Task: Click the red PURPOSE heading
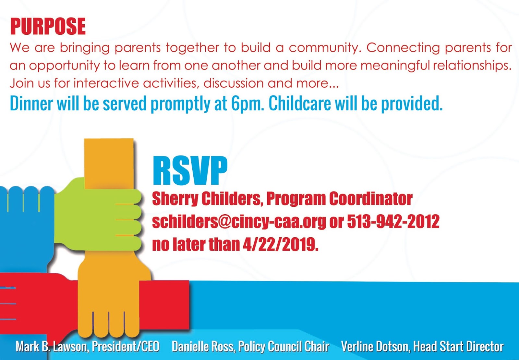point(48,26)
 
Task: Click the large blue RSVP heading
point(190,170)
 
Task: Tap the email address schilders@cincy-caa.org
point(239,221)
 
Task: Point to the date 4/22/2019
point(281,244)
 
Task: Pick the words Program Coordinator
point(339,199)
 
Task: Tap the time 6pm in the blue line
point(248,104)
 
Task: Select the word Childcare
point(300,103)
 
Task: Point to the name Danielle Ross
point(203,347)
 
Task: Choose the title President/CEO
point(126,347)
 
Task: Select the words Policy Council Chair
point(284,347)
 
